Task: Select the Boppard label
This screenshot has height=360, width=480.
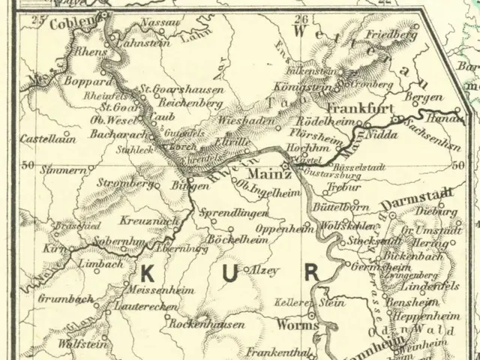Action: click(92, 76)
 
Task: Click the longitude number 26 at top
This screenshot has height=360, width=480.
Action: click(301, 19)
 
